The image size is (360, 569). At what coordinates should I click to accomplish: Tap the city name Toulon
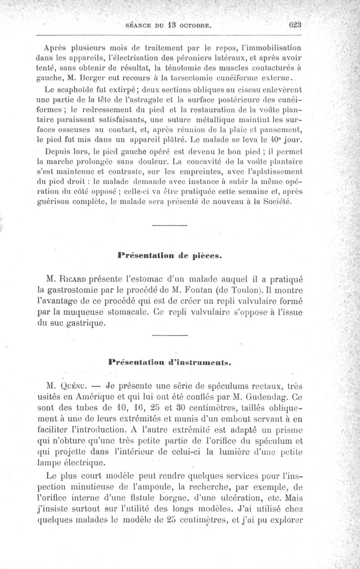click(x=256, y=289)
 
